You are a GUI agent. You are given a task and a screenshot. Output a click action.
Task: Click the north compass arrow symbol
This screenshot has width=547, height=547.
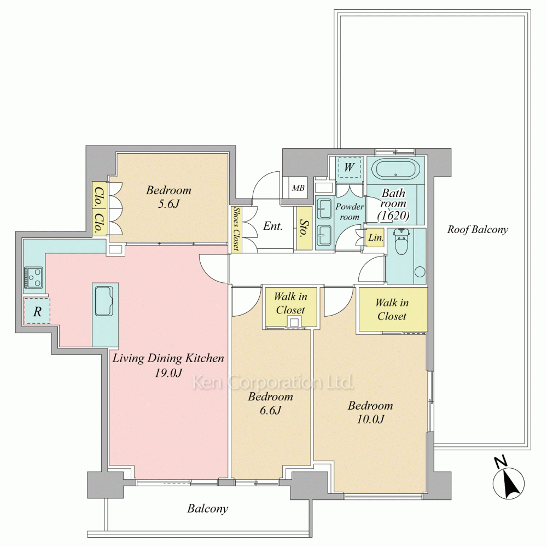(x=508, y=482)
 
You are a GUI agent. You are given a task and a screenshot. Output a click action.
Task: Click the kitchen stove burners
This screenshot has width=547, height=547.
(x=33, y=277)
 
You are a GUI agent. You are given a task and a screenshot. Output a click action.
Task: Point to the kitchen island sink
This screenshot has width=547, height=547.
(x=105, y=300)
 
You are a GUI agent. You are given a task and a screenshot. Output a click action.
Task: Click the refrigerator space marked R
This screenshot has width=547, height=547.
(x=37, y=311)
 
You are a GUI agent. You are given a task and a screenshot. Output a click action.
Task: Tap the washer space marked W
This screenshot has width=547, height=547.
(x=349, y=167)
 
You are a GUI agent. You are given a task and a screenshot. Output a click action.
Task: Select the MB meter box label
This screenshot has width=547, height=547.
(x=298, y=188)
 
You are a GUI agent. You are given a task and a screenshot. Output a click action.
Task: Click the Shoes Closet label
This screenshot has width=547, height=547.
(x=236, y=229)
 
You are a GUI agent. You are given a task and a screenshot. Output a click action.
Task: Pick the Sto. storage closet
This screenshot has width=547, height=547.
(x=304, y=229)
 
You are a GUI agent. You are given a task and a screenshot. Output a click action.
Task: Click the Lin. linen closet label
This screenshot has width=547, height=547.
(x=375, y=238)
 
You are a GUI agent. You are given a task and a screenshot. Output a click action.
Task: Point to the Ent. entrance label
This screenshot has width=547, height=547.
(x=273, y=226)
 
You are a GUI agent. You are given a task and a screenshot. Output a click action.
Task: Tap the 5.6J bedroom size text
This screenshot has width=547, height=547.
(x=169, y=203)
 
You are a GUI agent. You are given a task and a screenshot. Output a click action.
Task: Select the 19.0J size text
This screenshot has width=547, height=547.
(x=168, y=373)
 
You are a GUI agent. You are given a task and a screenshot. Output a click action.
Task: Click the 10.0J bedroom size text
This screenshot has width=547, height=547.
(x=370, y=418)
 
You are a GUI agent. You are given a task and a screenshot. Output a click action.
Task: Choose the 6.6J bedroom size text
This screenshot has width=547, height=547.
(x=270, y=410)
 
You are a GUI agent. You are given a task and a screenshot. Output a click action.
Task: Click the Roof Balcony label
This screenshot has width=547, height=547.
(x=478, y=230)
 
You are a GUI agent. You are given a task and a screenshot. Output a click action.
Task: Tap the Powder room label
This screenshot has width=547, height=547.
(x=350, y=211)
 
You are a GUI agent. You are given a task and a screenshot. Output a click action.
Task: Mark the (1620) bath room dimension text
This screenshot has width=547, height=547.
(x=393, y=216)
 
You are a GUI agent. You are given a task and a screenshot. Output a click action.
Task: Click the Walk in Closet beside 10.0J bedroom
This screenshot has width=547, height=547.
(x=392, y=310)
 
